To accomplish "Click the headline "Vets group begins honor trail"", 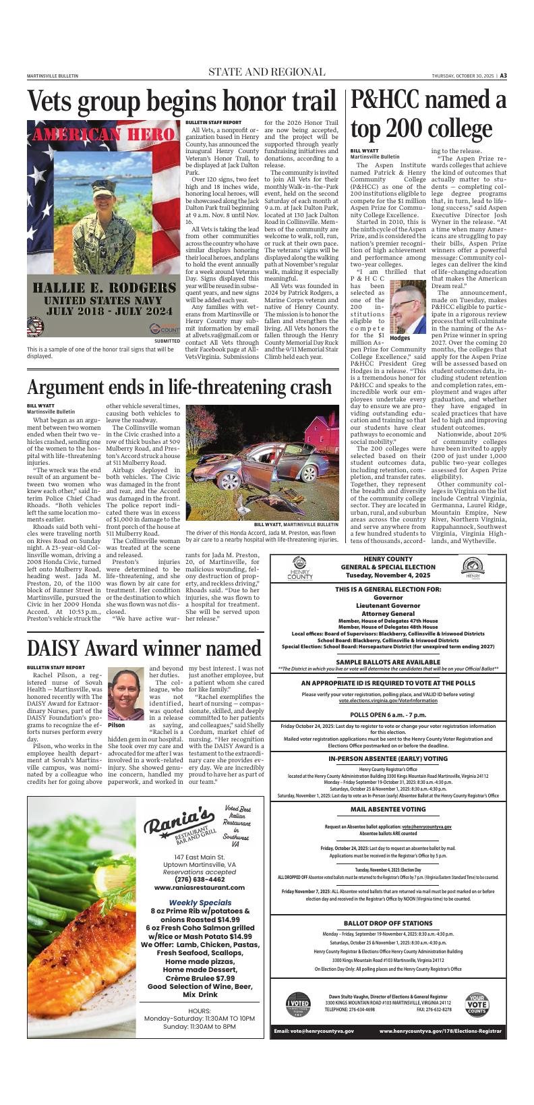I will (181, 101).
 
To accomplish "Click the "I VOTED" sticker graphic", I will (297, 1005).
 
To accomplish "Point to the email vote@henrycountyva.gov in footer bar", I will (314, 1031).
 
